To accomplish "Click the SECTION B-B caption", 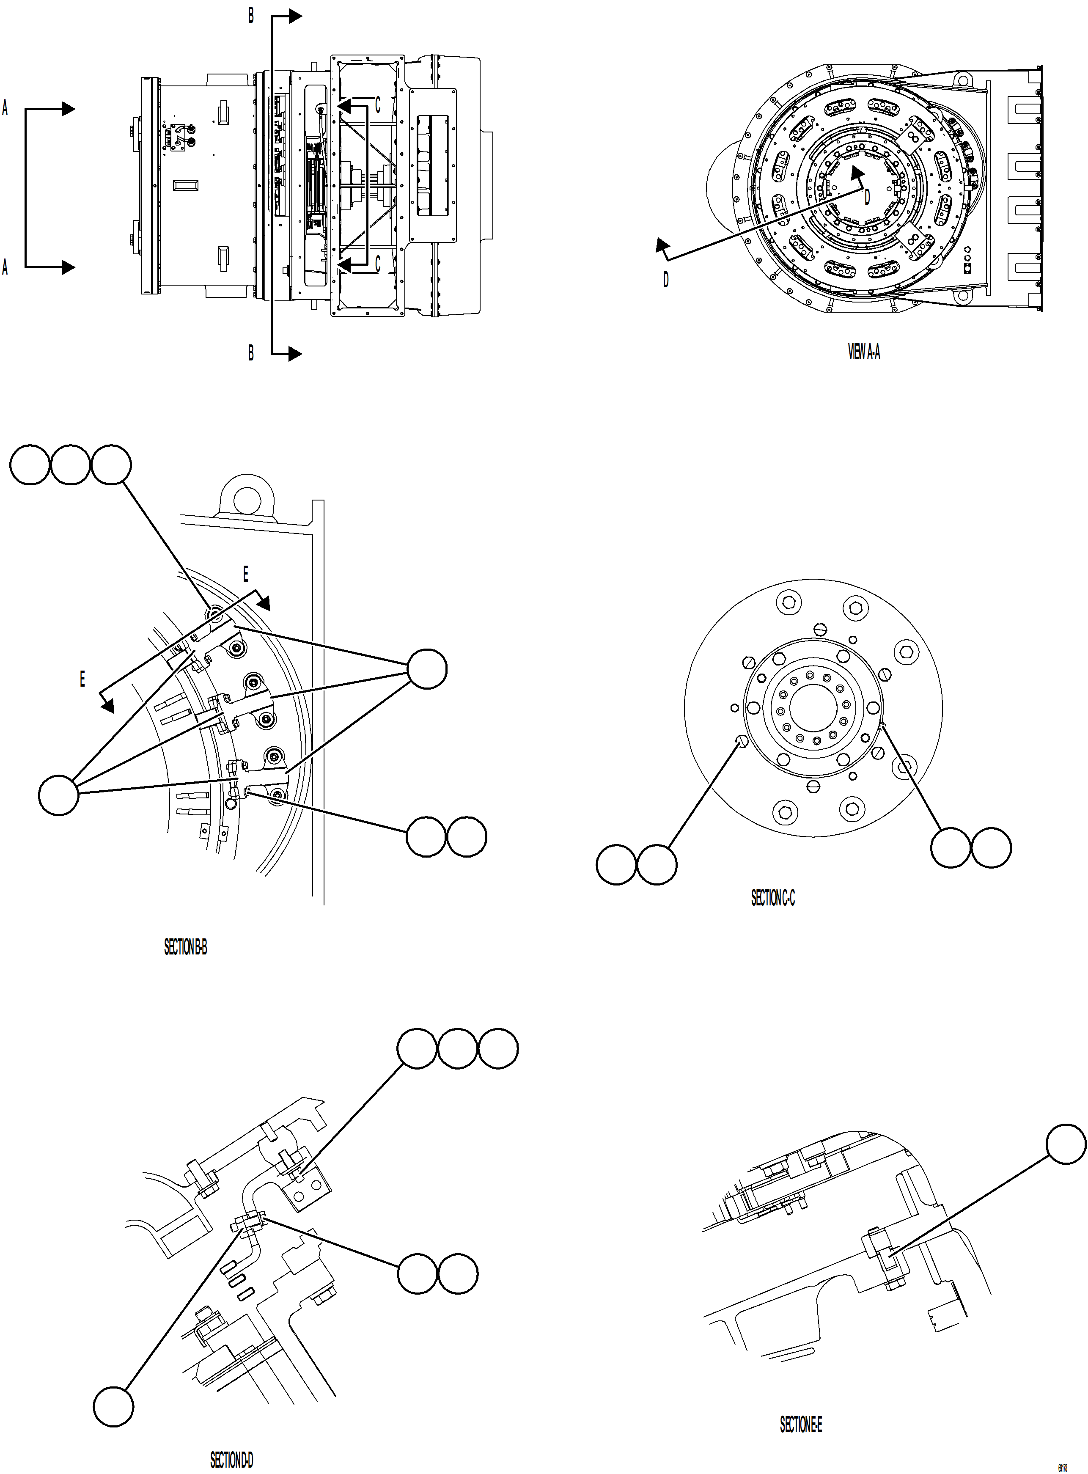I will click(185, 947).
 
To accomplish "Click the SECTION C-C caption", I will click(772, 898).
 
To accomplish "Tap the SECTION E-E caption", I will click(800, 1424).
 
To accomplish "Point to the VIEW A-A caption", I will click(863, 352).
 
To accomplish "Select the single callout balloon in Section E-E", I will click(1066, 1144).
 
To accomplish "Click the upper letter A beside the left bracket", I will click(5, 108).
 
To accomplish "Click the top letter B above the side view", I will click(251, 16).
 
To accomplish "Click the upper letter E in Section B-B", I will click(246, 574).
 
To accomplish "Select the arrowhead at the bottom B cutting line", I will click(296, 354).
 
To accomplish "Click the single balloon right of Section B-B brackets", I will click(427, 668).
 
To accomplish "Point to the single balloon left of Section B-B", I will click(59, 795).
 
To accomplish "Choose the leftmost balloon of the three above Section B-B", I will click(30, 465).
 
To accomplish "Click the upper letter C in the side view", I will click(377, 105).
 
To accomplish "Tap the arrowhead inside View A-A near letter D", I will click(857, 173).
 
